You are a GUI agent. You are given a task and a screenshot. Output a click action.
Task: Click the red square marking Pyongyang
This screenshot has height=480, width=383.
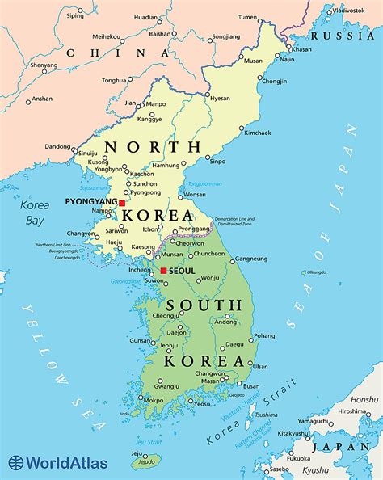pyautogui.click(x=122, y=204)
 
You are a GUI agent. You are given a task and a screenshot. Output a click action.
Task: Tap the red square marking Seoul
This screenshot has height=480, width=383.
pyautogui.click(x=163, y=271)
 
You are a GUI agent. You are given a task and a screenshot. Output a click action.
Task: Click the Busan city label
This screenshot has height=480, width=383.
pyautogui.click(x=251, y=386)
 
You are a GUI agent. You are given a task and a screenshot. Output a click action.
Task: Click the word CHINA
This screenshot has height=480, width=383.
pyautogui.click(x=107, y=53)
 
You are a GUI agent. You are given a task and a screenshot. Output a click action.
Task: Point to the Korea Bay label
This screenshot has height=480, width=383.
pyautogui.click(x=34, y=212)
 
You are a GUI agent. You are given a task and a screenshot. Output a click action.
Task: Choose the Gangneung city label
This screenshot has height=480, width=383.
pyautogui.click(x=252, y=259)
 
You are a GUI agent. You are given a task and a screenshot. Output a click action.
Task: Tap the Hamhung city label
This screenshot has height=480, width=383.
pyautogui.click(x=166, y=165)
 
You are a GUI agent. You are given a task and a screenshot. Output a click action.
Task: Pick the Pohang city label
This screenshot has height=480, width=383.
pyautogui.click(x=263, y=335)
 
